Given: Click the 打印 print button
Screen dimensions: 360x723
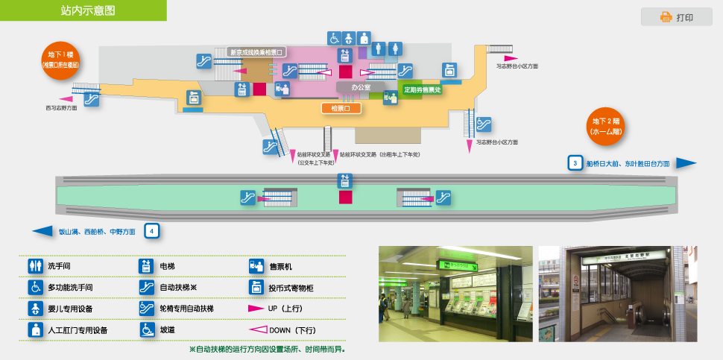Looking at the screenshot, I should pyautogui.click(x=676, y=17).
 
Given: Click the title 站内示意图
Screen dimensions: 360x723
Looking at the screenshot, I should pyautogui.click(x=88, y=10).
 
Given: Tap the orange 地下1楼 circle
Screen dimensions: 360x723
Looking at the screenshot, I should pyautogui.click(x=60, y=60).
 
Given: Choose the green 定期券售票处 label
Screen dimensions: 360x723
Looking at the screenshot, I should pyautogui.click(x=423, y=89).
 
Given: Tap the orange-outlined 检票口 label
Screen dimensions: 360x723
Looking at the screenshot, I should pyautogui.click(x=341, y=108).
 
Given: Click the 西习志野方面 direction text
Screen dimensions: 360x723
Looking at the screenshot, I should pyautogui.click(x=61, y=108).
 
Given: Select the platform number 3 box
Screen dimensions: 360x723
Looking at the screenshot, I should pyautogui.click(x=575, y=162).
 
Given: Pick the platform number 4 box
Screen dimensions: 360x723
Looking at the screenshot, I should pyautogui.click(x=151, y=231).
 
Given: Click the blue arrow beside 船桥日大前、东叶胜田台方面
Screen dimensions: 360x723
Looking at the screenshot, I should pyautogui.click(x=686, y=163).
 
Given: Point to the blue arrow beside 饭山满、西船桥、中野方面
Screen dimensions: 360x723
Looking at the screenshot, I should pyautogui.click(x=43, y=231).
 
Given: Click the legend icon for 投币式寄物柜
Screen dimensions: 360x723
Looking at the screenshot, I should pyautogui.click(x=256, y=287).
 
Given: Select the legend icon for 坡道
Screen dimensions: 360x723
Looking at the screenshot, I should pyautogui.click(x=146, y=329).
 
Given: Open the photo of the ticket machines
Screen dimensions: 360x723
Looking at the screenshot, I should pyautogui.click(x=455, y=294).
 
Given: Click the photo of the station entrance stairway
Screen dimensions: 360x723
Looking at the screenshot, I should pyautogui.click(x=616, y=294).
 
